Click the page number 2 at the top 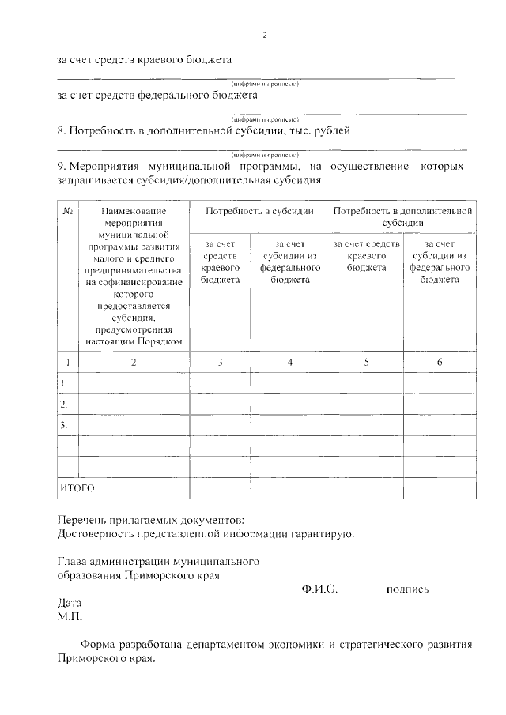pos(265,35)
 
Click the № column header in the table pos(68,212)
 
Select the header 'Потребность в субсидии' pos(260,212)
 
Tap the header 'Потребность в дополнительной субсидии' pos(403,217)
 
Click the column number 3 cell pos(220,362)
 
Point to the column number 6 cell pos(440,362)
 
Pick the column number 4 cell pos(290,362)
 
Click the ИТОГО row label pos(77,488)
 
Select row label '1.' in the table pos(64,383)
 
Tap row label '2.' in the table pos(64,404)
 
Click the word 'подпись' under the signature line pos(407,589)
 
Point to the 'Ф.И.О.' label pos(319,589)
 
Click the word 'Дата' pos(70,602)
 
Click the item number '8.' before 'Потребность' pos(63,130)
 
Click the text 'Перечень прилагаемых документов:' pos(151,520)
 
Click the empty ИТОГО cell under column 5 pos(366,488)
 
